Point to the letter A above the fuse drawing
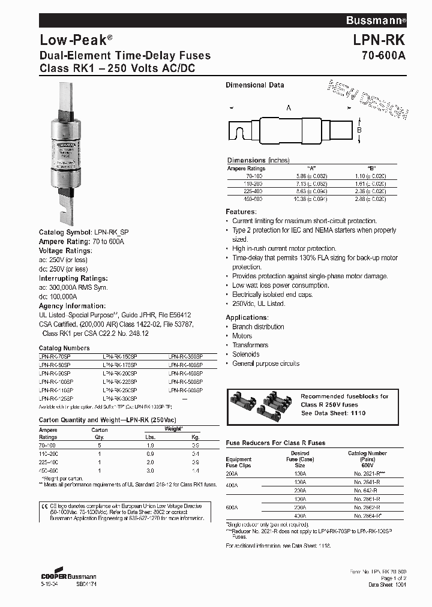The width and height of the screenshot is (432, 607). tap(289, 108)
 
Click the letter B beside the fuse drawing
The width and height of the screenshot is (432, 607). tap(359, 130)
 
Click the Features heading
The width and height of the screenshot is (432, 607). tap(241, 212)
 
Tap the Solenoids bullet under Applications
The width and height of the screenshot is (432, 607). tap(246, 354)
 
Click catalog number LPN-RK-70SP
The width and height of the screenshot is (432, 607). tap(55, 356)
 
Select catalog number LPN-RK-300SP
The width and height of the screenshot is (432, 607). tap(120, 398)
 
